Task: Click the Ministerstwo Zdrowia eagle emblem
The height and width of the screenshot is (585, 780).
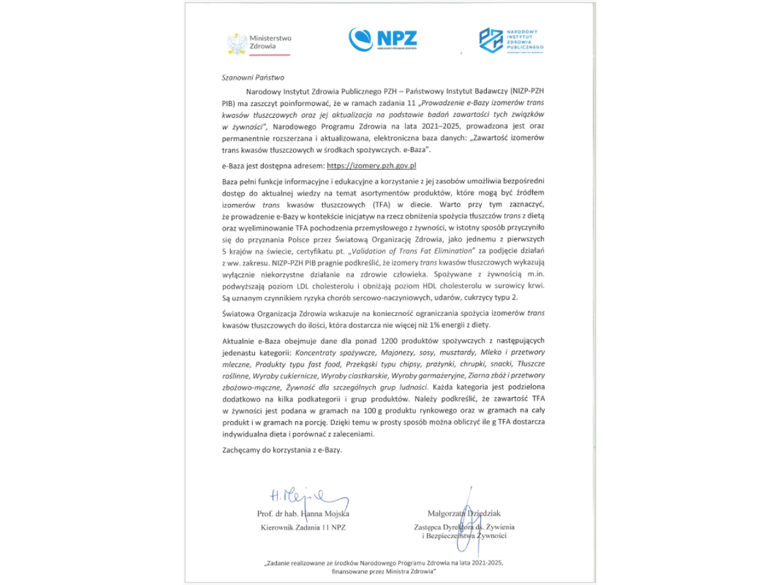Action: [237, 43]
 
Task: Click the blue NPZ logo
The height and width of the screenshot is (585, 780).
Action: [383, 39]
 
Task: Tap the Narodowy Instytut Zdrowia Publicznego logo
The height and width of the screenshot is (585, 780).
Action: [511, 40]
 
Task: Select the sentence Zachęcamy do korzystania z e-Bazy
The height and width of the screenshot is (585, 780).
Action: [281, 449]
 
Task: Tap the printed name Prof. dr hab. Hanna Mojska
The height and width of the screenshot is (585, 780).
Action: [304, 514]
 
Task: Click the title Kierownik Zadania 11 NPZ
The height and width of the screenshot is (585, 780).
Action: [304, 527]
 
